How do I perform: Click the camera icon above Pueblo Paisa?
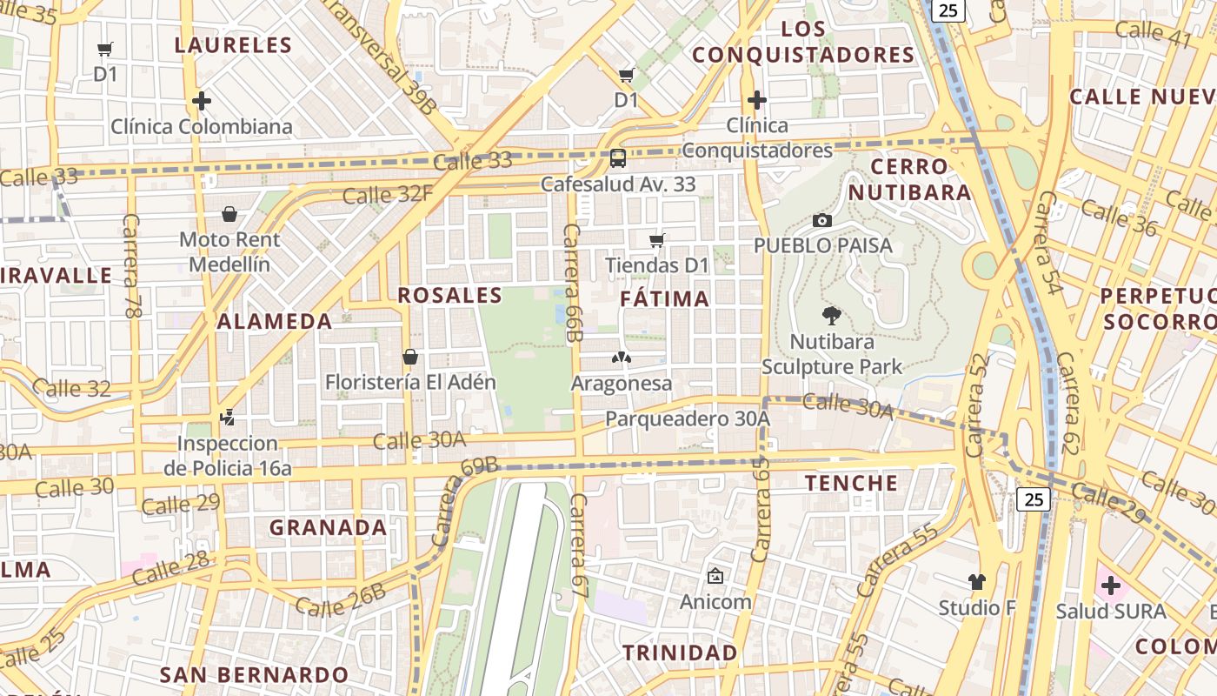click(821, 221)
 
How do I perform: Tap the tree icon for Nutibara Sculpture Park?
click(831, 316)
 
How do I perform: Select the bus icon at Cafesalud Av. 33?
click(618, 158)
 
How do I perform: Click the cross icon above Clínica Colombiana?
click(202, 101)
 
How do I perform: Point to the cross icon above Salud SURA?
click(1110, 586)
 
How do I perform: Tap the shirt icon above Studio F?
click(977, 582)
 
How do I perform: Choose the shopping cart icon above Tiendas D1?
click(657, 240)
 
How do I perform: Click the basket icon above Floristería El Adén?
click(410, 357)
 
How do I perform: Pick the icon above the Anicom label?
click(715, 576)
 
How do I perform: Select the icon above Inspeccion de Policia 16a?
click(227, 418)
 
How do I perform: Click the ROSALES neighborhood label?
click(450, 296)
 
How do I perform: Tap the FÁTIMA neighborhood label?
click(665, 299)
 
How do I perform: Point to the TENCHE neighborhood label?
click(851, 483)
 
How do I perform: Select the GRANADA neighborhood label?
click(328, 528)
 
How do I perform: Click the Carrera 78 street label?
click(132, 265)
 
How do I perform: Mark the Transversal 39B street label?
click(380, 57)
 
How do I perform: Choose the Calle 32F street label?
click(387, 194)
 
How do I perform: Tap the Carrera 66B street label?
click(571, 283)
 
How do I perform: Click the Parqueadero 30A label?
click(688, 419)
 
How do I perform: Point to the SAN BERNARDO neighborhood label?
click(254, 674)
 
